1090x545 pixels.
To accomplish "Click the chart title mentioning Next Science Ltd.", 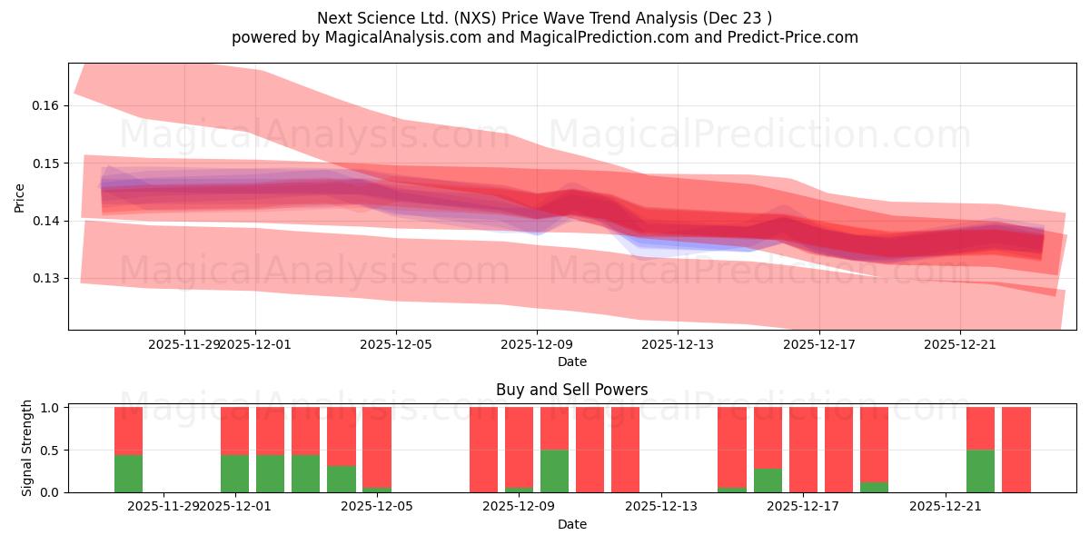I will (x=545, y=17).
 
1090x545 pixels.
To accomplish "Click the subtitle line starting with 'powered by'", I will (x=545, y=37).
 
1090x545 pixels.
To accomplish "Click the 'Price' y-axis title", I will (x=19, y=196).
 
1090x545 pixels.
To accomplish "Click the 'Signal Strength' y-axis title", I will (x=27, y=448).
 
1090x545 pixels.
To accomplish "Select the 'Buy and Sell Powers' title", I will (x=571, y=390).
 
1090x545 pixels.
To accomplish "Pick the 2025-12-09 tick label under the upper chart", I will (x=537, y=344).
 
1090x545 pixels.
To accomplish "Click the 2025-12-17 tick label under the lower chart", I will (x=804, y=507).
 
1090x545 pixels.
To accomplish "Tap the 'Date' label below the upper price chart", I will (x=571, y=362).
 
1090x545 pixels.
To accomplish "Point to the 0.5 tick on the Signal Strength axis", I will (x=50, y=450).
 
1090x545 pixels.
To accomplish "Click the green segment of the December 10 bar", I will (x=554, y=471).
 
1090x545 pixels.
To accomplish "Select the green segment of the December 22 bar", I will (x=980, y=471).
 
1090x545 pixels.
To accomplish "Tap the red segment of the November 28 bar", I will (x=128, y=431).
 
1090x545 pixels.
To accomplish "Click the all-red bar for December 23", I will (x=1016, y=450).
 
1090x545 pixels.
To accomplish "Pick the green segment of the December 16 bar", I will (x=768, y=481).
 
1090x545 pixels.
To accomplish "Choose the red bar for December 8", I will (x=483, y=450).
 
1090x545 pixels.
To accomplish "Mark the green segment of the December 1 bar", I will (x=234, y=473).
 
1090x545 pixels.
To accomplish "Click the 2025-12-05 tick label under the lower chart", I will (x=378, y=507).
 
